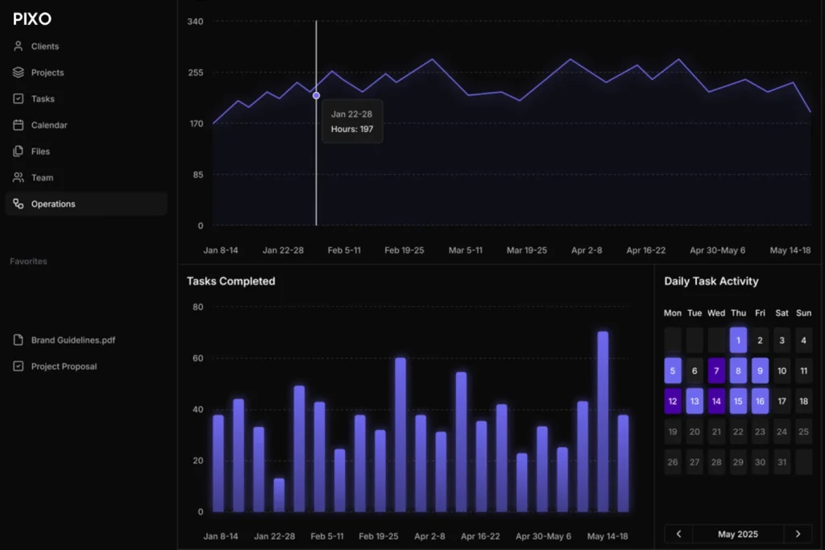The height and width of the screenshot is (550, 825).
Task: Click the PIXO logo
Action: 32,19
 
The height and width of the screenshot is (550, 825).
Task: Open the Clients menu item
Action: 45,46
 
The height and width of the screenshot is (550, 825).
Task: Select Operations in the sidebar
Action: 53,204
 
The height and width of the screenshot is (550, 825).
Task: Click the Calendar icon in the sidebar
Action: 19,125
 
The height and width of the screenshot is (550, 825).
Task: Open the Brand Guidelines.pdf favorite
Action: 73,340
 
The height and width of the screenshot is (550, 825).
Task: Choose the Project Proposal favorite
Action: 64,366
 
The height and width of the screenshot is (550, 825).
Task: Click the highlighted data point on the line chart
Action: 316,95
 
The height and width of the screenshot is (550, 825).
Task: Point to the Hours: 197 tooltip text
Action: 352,129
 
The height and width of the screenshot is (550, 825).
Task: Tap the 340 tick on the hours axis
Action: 195,22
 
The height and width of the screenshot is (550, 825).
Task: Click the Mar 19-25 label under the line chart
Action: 527,250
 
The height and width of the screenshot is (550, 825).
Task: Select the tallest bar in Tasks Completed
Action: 603,422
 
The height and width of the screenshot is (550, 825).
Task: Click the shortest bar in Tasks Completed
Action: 279,495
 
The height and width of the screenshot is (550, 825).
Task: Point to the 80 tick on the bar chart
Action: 198,307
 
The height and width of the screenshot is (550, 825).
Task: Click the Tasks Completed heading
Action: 231,281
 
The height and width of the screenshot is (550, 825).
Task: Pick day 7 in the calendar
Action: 716,370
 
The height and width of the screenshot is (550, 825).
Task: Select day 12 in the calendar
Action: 673,401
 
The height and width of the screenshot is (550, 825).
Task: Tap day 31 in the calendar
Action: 781,462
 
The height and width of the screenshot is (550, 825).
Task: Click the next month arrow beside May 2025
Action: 798,534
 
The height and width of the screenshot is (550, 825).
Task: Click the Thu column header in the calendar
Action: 738,313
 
